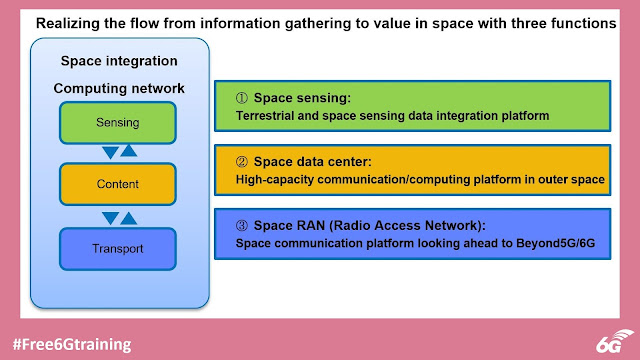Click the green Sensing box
(x=118, y=122)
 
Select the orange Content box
(x=118, y=184)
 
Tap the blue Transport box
(x=118, y=247)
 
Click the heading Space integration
(x=118, y=61)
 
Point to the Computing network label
(x=118, y=89)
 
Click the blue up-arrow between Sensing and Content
(x=129, y=152)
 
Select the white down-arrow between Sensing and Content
(x=108, y=153)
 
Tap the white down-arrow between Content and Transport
(x=108, y=215)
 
